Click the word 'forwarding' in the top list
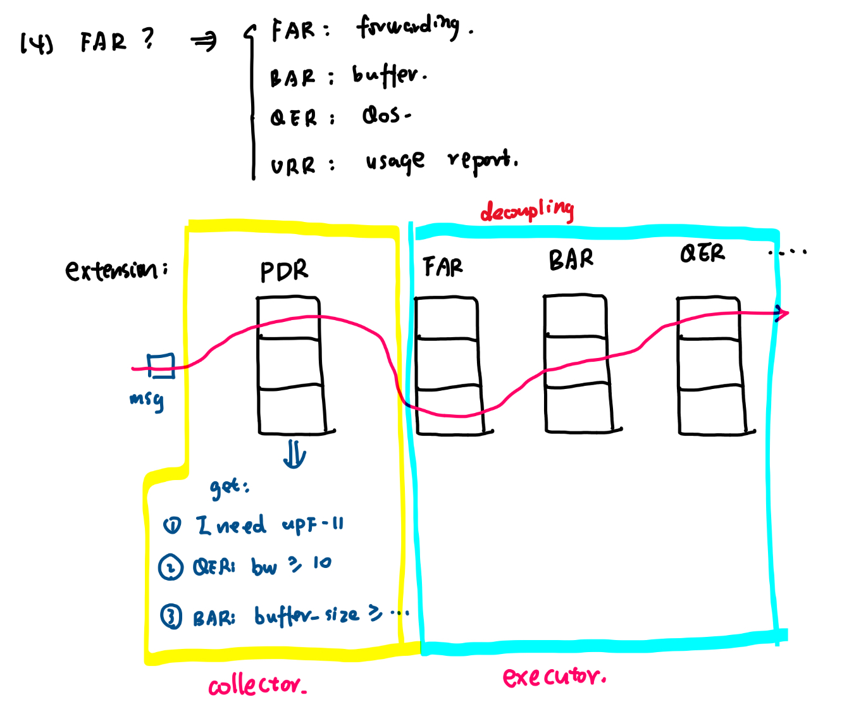click(x=409, y=27)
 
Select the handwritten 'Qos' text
click(x=383, y=115)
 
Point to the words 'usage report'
click(x=439, y=161)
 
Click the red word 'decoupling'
click(x=526, y=210)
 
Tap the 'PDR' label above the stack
click(x=284, y=271)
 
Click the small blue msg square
click(x=161, y=365)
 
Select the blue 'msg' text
click(x=147, y=399)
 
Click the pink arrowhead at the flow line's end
click(x=783, y=312)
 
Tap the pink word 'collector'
click(x=257, y=686)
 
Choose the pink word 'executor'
click(x=553, y=677)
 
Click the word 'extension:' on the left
click(x=116, y=271)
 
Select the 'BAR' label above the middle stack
click(x=571, y=259)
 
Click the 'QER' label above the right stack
click(x=702, y=254)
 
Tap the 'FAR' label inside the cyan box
click(x=443, y=267)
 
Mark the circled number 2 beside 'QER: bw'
click(x=170, y=567)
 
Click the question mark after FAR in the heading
click(x=148, y=39)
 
